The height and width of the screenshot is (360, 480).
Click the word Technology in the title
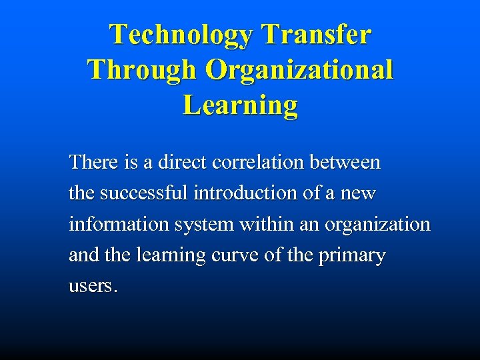pos(181,35)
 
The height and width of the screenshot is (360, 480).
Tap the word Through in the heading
pos(142,70)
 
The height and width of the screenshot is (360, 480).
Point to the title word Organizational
pos(299,70)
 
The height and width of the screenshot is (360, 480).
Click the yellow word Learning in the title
pos(240,105)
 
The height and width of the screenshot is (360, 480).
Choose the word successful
pos(142,193)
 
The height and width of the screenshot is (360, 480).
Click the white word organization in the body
pos(377,225)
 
